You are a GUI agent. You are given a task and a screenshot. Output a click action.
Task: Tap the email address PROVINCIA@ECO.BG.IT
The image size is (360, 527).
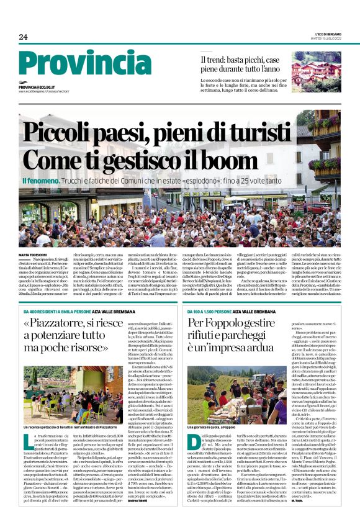(x=47, y=88)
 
